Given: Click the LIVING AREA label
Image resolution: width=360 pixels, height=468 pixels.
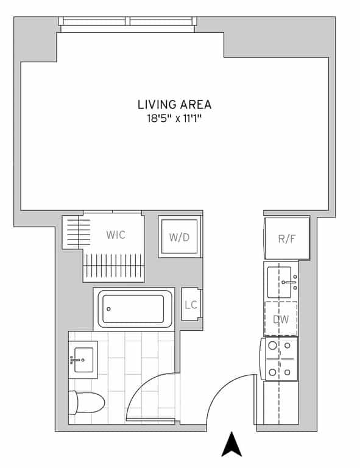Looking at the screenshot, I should (x=174, y=104).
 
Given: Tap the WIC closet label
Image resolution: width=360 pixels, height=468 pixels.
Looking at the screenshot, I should (x=116, y=235).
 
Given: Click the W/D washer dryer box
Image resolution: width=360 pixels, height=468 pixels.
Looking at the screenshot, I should (x=179, y=237).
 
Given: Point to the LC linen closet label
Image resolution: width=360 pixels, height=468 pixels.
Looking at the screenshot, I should (x=191, y=305).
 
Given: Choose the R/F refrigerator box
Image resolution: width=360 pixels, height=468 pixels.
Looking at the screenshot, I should (x=286, y=238).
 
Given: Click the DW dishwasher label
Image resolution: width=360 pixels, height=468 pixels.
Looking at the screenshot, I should (x=281, y=319).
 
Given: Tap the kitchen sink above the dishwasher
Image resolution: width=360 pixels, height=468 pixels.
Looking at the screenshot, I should (x=281, y=281).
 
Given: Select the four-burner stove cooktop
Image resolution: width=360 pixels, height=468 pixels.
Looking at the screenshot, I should (x=280, y=359).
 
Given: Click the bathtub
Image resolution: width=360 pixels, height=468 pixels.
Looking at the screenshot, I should (x=133, y=309).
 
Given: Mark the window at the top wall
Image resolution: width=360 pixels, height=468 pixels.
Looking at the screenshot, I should (x=128, y=21).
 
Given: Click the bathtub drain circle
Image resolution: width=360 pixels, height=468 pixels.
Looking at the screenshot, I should (x=108, y=310).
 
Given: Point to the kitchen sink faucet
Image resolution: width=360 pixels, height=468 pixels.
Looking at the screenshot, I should (x=291, y=282).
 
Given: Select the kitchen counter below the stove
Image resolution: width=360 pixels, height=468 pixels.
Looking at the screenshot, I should (x=280, y=402).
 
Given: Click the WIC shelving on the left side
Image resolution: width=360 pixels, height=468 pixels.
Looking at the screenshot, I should (x=72, y=231).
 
